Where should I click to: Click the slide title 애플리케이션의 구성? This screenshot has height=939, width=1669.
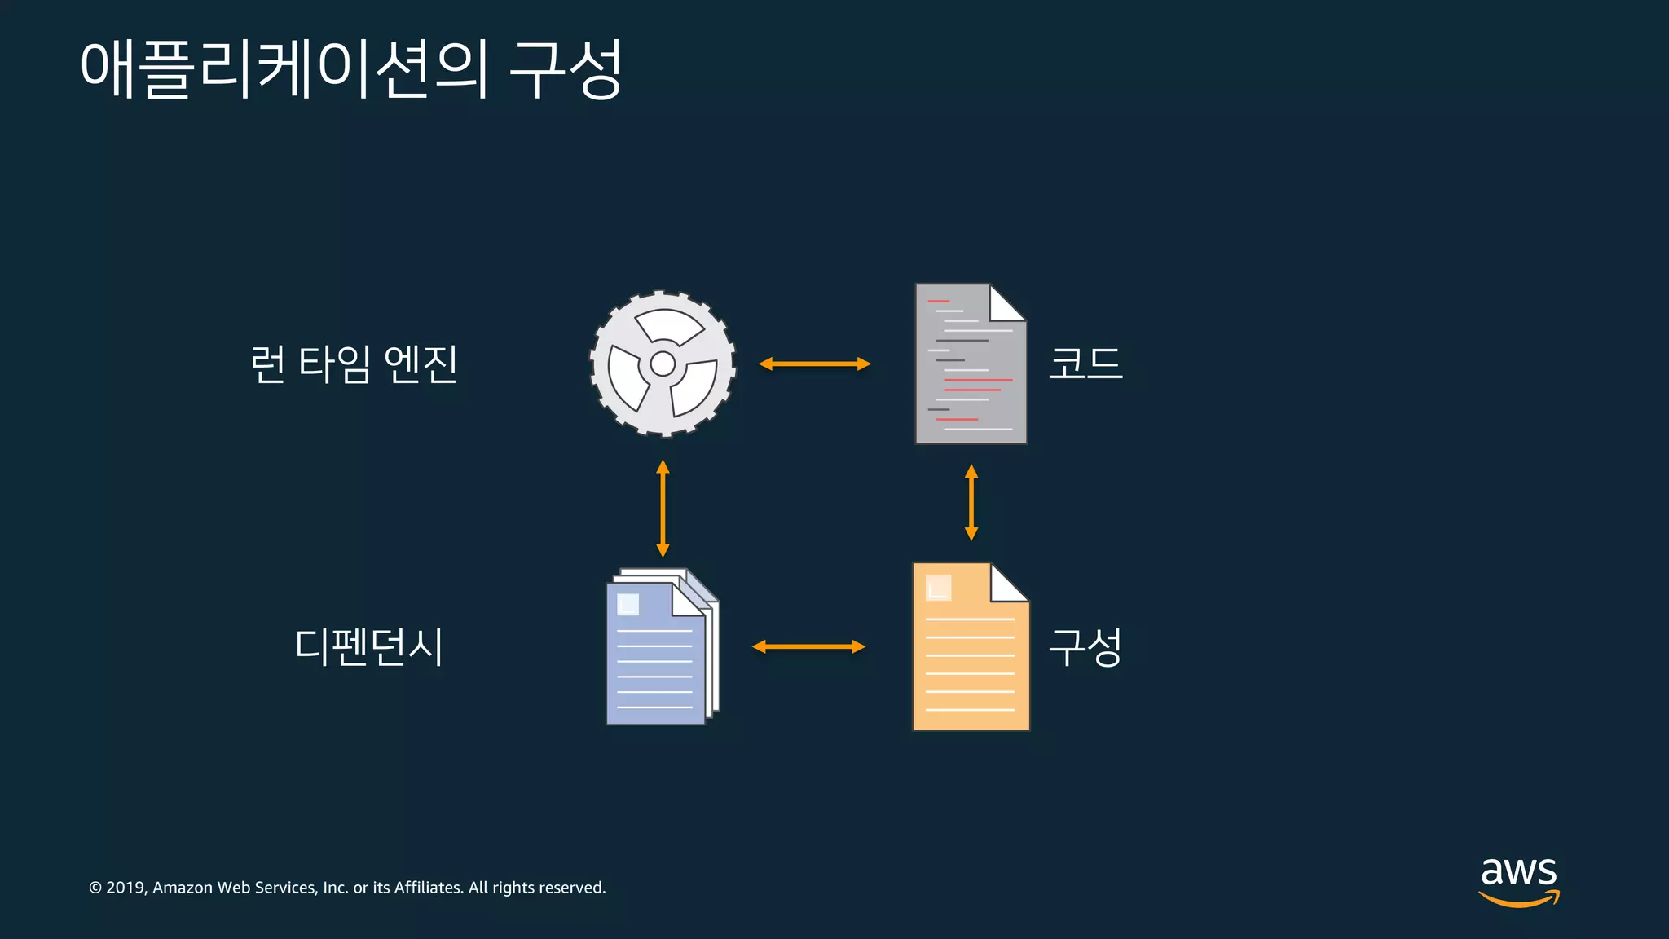click(x=351, y=69)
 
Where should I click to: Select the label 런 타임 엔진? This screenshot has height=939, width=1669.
click(x=353, y=364)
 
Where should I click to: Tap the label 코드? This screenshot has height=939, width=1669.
click(x=1085, y=364)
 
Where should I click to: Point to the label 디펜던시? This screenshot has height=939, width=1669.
click(x=368, y=647)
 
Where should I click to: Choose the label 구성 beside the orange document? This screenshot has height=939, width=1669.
click(x=1085, y=647)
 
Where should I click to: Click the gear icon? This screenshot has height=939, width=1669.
click(x=663, y=364)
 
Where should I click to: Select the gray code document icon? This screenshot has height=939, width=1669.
click(x=970, y=364)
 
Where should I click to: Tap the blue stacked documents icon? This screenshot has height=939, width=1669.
click(x=661, y=647)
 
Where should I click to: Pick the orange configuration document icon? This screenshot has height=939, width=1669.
click(x=970, y=647)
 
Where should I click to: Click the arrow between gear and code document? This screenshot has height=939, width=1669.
click(x=814, y=364)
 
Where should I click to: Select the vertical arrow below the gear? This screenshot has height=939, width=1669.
click(x=663, y=508)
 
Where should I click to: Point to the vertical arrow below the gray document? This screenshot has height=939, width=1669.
click(x=971, y=502)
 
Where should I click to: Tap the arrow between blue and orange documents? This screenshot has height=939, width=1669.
click(x=808, y=647)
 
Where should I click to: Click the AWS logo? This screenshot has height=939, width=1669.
click(x=1518, y=880)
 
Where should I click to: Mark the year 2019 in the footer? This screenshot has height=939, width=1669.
click(x=126, y=888)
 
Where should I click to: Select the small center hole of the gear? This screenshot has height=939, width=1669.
click(x=663, y=364)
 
